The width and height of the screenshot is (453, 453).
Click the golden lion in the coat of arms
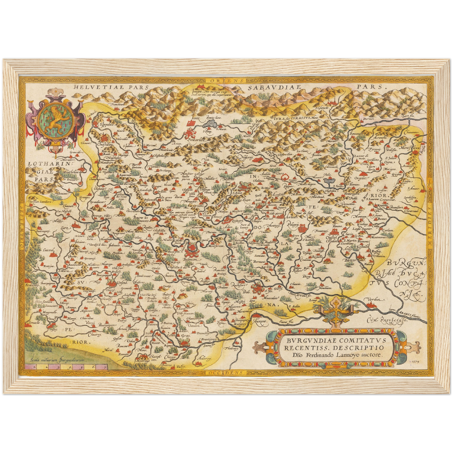[56, 119]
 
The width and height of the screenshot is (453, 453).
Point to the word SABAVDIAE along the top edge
[274, 87]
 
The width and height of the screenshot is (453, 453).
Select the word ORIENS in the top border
[223, 81]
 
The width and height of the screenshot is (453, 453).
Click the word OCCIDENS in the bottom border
[225, 372]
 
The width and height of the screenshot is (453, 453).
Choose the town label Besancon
[193, 260]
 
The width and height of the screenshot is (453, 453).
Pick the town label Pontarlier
[196, 140]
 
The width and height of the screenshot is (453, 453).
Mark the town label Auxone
[260, 321]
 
